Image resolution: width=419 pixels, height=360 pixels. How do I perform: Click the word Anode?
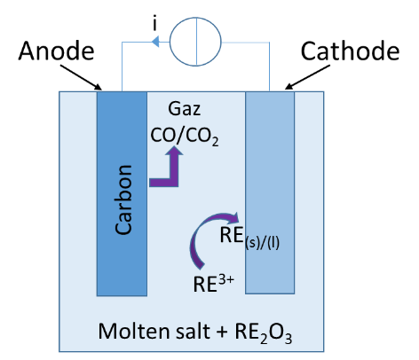pos(56,51)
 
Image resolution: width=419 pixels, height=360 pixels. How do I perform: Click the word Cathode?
pos(350,51)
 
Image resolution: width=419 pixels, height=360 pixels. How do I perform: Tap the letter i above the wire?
pos(154,23)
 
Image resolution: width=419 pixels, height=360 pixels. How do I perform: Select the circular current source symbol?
pos(195,42)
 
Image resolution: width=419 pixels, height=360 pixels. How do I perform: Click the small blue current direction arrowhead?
pos(155,42)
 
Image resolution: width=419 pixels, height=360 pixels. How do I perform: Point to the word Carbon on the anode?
pos(123,200)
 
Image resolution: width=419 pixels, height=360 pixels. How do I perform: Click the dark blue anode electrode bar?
pos(122,193)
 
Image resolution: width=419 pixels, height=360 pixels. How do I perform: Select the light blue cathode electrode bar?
pos(270,192)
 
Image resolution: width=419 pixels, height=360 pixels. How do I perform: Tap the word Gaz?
pos(184,109)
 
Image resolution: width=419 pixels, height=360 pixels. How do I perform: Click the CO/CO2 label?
pos(185,136)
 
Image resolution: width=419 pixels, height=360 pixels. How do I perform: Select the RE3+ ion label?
pos(213,284)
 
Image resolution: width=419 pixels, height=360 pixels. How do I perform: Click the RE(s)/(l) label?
pos(249,238)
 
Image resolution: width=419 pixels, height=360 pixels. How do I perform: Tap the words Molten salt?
pos(154,331)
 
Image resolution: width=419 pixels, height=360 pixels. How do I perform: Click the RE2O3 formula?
pos(264,333)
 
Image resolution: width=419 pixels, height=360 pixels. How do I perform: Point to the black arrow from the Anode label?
pos(81,77)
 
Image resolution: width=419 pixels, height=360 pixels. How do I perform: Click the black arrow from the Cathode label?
pos(307,77)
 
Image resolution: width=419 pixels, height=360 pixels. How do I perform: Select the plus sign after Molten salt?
pos(222,333)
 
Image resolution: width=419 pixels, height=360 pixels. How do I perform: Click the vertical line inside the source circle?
pos(196,42)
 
